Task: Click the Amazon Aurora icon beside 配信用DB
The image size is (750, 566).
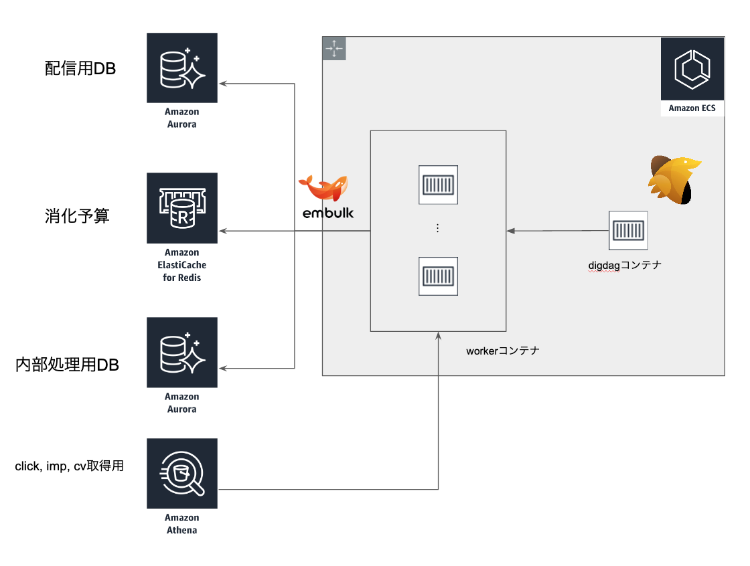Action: pyautogui.click(x=182, y=68)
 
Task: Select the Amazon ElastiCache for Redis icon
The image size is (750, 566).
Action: pyautogui.click(x=182, y=208)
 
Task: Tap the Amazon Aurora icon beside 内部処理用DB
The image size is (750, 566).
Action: pyautogui.click(x=182, y=353)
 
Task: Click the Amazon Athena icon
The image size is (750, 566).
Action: pyautogui.click(x=182, y=474)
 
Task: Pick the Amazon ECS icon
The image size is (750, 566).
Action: pyautogui.click(x=692, y=69)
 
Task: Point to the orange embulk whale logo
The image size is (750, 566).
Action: pyautogui.click(x=325, y=188)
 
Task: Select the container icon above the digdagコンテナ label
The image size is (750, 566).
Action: pyautogui.click(x=627, y=231)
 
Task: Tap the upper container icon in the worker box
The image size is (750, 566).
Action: pyautogui.click(x=438, y=184)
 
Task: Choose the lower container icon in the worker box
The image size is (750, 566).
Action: pyautogui.click(x=438, y=276)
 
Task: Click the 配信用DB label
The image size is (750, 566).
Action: pyautogui.click(x=80, y=68)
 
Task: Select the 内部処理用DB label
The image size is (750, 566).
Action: pyautogui.click(x=67, y=365)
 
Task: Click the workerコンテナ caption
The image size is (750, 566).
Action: pyautogui.click(x=502, y=351)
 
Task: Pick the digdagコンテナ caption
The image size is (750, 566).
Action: pyautogui.click(x=624, y=265)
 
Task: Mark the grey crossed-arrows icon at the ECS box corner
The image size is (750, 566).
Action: pyautogui.click(x=334, y=49)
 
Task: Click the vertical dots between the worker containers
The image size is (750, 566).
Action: pyautogui.click(x=437, y=228)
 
